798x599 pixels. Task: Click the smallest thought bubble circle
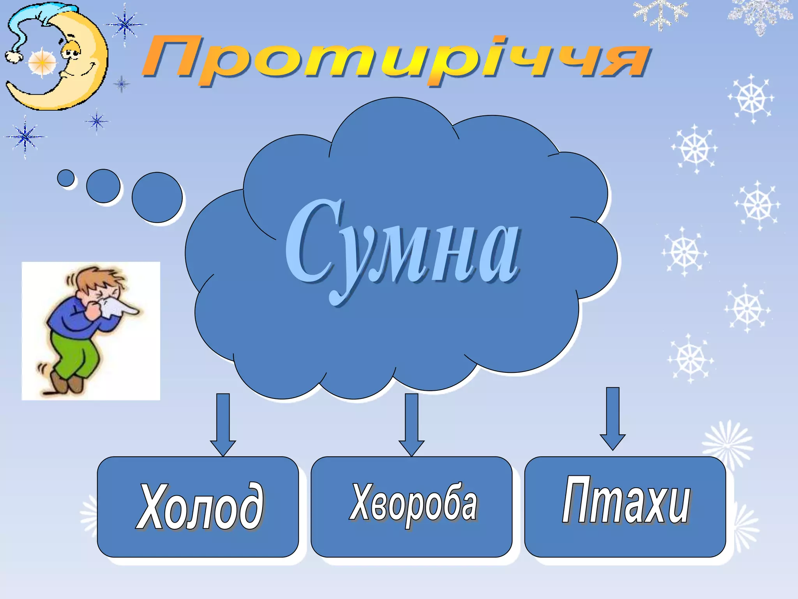[x=66, y=178]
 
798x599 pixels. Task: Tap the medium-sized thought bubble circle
[x=103, y=186]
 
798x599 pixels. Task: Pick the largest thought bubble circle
[x=157, y=197]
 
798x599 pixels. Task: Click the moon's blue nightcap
[x=35, y=19]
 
